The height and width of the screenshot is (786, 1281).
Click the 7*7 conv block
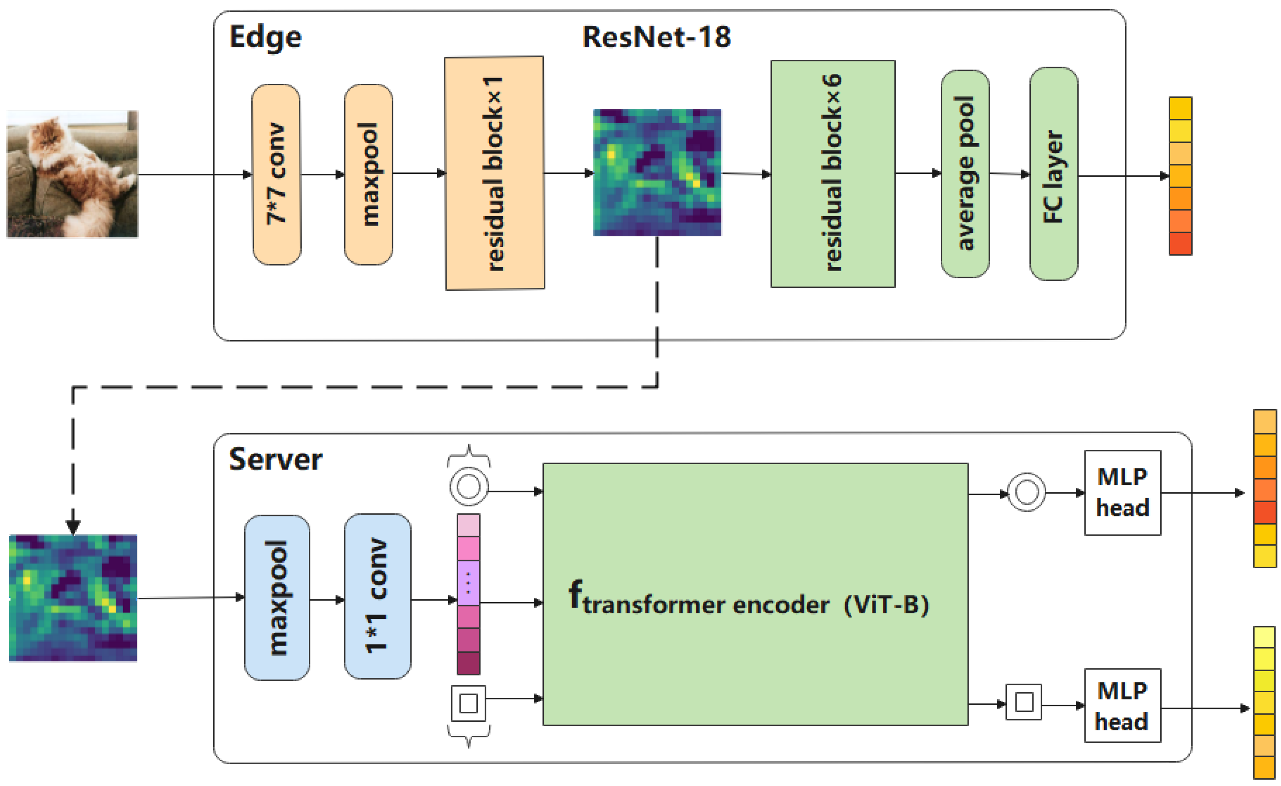[x=276, y=174]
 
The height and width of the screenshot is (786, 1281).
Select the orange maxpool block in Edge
[x=369, y=174]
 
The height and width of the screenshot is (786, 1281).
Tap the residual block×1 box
[x=494, y=173]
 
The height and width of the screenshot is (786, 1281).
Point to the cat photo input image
[x=72, y=174]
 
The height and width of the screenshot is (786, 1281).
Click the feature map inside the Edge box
[x=657, y=172]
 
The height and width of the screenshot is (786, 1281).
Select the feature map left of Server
[x=73, y=598]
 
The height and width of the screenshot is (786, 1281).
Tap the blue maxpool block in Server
[x=277, y=598]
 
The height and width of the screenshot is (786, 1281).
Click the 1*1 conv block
[x=377, y=596]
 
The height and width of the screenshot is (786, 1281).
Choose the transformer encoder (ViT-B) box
[x=755, y=594]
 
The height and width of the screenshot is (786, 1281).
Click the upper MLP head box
[x=1122, y=492]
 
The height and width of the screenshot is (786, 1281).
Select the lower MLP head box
[x=1122, y=705]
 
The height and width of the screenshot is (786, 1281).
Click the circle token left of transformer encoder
[x=469, y=487]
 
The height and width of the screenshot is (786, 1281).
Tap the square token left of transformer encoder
[x=469, y=703]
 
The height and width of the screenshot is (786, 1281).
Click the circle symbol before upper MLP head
[x=1026, y=492]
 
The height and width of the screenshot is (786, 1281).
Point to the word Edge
[x=265, y=37]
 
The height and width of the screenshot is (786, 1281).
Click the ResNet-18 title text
[x=656, y=37]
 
